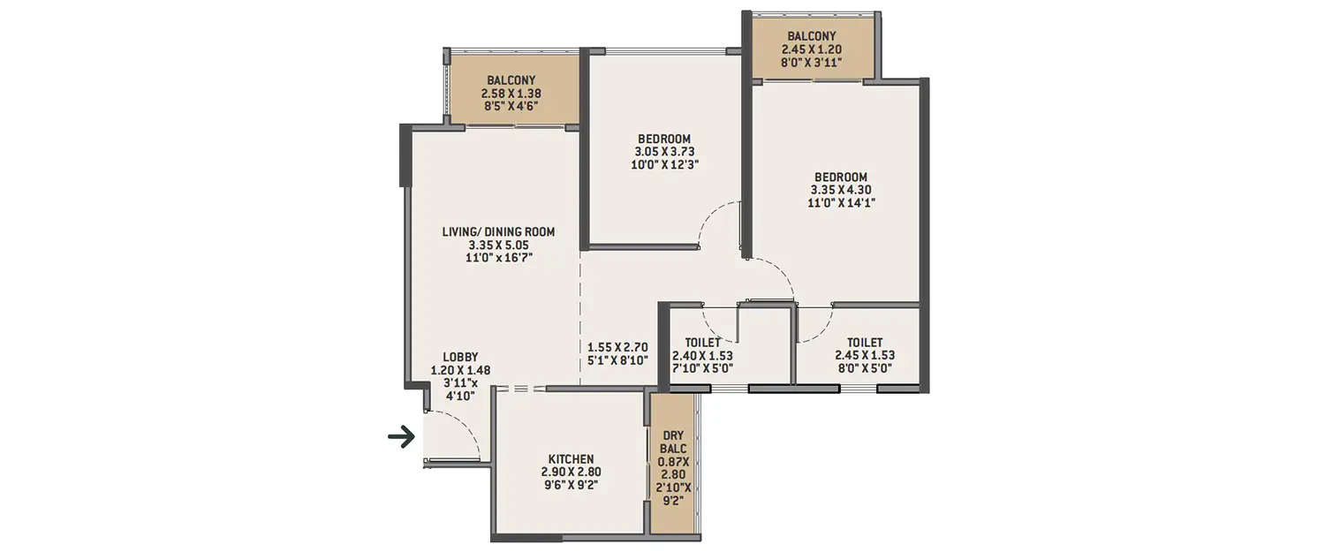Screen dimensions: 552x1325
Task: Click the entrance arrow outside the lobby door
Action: coord(402,436)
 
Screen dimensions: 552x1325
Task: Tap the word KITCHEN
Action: coord(571,459)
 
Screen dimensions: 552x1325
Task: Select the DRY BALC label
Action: coord(673,441)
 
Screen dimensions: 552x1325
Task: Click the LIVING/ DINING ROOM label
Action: coord(498,232)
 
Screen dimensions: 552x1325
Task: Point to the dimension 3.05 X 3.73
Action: coord(663,151)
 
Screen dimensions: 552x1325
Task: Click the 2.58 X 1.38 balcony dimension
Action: coord(511,93)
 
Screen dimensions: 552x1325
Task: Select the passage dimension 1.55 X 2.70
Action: coord(618,347)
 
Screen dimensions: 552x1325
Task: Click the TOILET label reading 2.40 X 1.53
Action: coord(703,343)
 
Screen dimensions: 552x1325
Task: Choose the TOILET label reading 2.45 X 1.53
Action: coord(865,343)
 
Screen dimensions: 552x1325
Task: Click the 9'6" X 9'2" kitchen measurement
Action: coord(571,485)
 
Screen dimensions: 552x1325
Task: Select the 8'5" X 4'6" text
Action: coord(511,106)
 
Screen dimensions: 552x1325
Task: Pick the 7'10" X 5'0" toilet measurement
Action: coord(702,368)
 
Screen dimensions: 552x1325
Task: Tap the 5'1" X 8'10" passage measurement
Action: coord(618,360)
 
